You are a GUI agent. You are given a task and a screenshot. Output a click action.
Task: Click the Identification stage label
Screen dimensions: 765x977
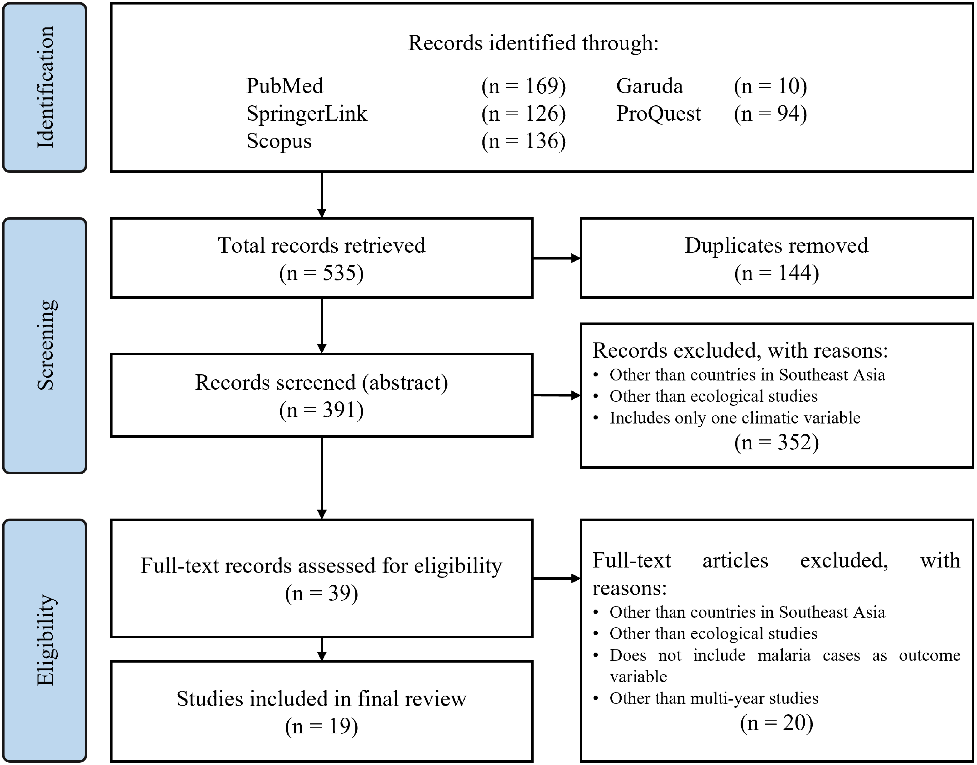click(45, 87)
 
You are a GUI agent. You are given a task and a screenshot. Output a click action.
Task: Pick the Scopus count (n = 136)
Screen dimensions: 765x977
click(523, 141)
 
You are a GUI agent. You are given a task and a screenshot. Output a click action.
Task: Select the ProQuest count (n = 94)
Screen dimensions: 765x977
click(770, 113)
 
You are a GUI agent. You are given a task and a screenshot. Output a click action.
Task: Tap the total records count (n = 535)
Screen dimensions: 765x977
click(321, 273)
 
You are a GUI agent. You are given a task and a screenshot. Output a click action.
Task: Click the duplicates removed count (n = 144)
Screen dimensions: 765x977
click(776, 273)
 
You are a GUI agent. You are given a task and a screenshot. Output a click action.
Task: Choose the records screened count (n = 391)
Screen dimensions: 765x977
click(321, 410)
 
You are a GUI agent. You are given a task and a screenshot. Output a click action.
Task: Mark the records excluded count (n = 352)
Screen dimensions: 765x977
click(776, 442)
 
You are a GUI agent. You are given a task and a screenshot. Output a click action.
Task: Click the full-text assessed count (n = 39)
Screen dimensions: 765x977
click(321, 593)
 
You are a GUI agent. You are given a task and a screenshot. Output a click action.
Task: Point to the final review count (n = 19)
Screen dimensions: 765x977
click(321, 726)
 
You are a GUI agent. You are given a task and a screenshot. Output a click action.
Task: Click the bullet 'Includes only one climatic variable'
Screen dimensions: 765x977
click(734, 418)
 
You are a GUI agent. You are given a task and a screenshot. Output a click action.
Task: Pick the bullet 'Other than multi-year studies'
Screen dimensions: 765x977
click(713, 698)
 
